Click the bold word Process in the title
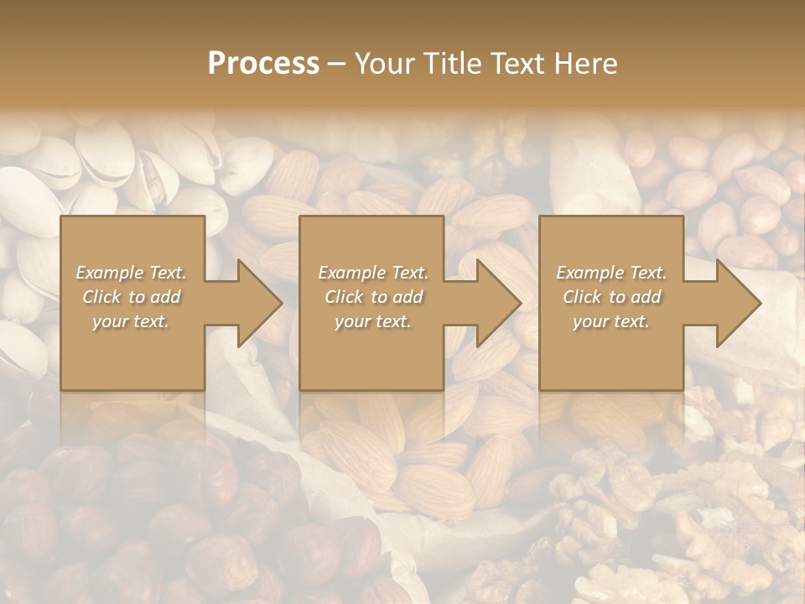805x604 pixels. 263,64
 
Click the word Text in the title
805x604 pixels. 520,64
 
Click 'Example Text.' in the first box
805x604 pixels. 132,273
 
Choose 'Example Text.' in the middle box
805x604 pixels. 373,273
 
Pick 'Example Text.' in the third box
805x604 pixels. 611,273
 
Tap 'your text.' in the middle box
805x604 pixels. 372,321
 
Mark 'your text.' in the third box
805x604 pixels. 610,321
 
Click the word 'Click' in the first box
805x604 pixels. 102,297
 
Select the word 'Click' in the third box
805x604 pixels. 583,297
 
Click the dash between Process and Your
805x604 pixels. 337,64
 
